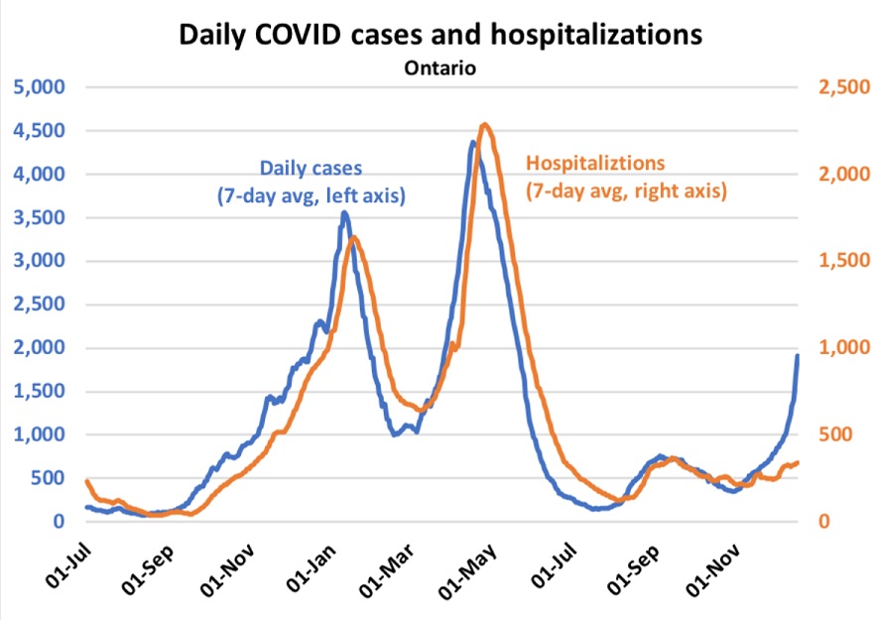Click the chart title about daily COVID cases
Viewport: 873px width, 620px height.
[x=439, y=34]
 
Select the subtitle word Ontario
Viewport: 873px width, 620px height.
[x=440, y=68]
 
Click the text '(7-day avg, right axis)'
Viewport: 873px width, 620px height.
[x=626, y=188]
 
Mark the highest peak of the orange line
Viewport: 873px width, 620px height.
[x=484, y=124]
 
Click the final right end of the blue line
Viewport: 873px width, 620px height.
[x=798, y=355]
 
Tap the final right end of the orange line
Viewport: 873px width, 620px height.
[x=799, y=462]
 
